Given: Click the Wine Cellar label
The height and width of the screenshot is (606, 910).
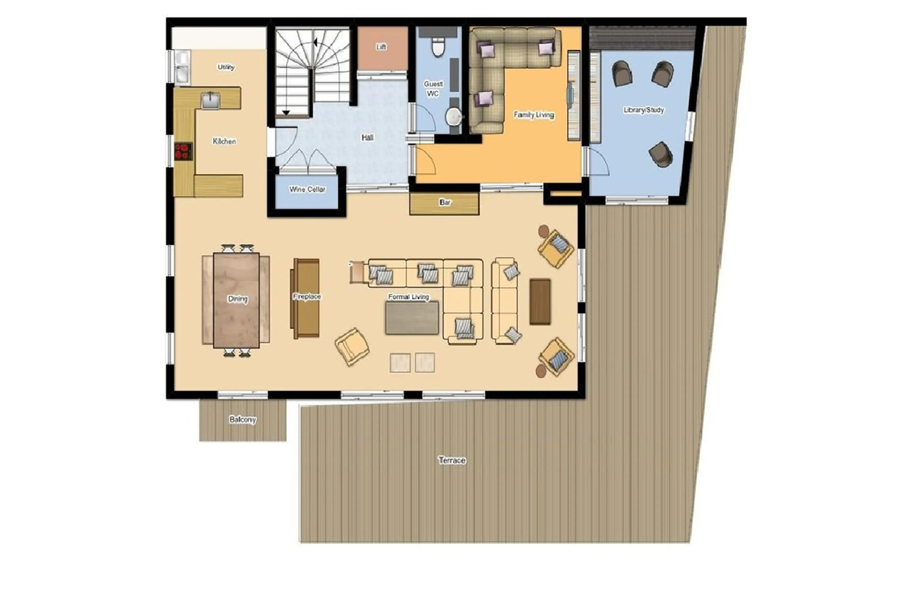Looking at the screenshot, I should [307, 189].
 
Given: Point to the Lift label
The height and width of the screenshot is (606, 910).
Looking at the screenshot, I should [381, 47].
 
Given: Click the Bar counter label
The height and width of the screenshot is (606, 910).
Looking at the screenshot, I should [445, 202].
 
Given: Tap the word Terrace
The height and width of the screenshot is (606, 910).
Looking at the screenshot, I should [452, 460].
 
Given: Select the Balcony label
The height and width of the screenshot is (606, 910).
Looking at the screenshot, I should [242, 420].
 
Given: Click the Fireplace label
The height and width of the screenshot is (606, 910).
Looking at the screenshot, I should [307, 297].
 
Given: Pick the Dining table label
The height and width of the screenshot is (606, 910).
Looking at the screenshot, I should [237, 299].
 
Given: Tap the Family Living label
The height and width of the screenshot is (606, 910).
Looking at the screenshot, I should [534, 115].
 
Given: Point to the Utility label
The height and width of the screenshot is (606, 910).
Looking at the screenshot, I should [226, 67].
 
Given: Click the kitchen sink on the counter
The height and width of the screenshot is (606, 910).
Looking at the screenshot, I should [210, 100].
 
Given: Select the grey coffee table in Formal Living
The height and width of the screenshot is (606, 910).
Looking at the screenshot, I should [412, 318].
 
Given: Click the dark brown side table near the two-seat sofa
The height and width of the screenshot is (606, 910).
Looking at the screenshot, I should [540, 301].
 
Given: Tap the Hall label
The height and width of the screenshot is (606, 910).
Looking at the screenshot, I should [367, 138].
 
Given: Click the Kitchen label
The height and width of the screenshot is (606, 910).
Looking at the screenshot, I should [224, 141].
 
